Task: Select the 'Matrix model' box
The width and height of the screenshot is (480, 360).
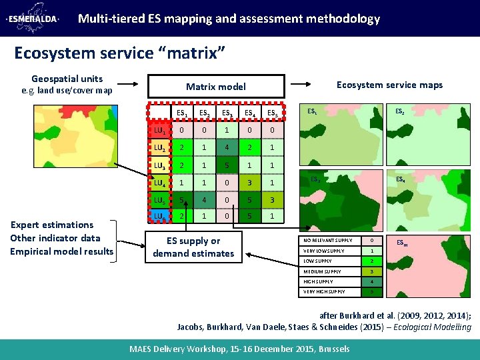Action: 215,86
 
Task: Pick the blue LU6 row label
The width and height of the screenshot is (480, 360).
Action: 159,217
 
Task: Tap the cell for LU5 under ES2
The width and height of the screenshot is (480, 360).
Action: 203,199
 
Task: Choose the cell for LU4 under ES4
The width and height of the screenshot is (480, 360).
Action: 249,182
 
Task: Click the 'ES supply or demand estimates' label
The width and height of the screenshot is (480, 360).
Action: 193,247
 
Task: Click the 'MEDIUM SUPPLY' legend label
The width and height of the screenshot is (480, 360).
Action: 323,271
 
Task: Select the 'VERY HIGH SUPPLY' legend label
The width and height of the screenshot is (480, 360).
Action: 325,292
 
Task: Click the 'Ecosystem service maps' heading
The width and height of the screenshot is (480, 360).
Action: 389,85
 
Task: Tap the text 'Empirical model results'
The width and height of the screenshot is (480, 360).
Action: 62,251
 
